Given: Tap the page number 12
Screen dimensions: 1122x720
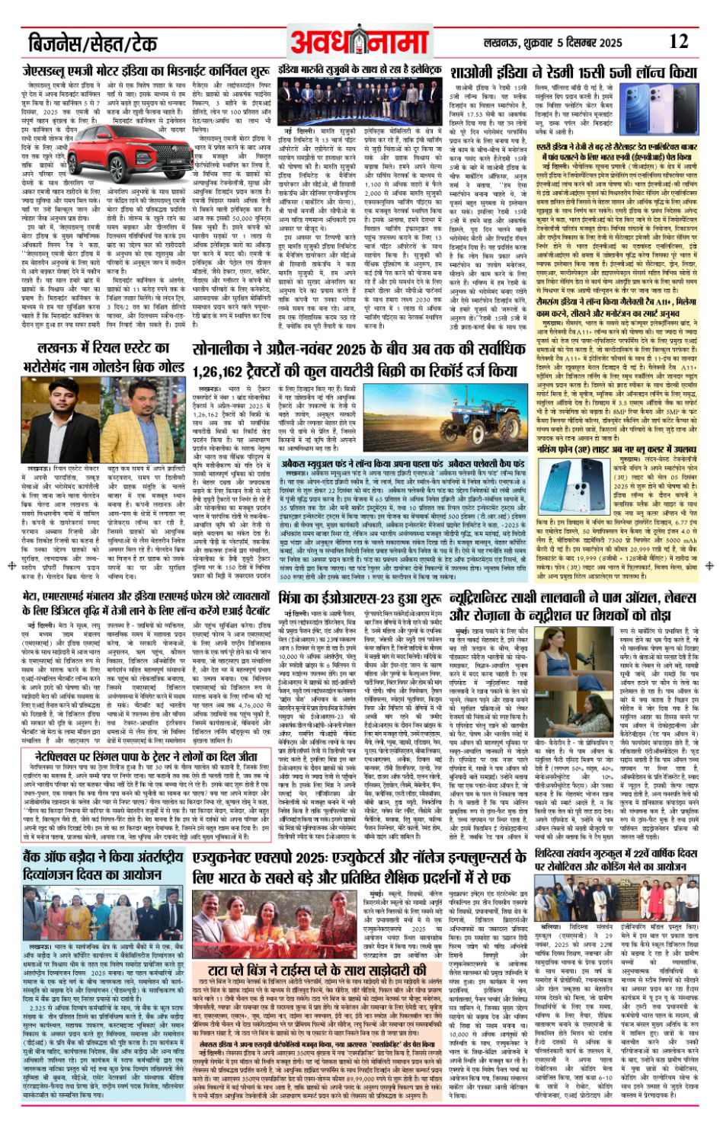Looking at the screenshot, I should pyautogui.click(x=679, y=42).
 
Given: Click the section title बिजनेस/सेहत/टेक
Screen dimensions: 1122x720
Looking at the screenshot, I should pyautogui.click(x=92, y=43).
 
